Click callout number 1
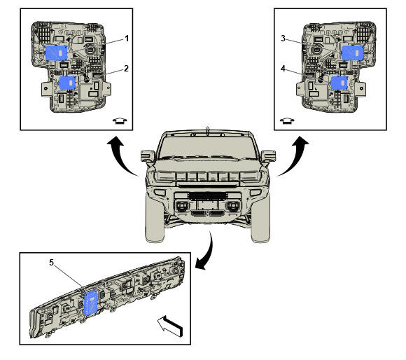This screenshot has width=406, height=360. [x=127, y=39]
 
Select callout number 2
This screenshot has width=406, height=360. [x=126, y=69]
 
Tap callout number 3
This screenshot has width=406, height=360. [x=283, y=39]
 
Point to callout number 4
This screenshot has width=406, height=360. [x=283, y=69]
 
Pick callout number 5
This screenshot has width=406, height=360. [x=52, y=263]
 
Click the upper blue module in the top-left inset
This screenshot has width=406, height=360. [x=57, y=53]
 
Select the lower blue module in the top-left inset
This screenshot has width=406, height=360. [x=67, y=83]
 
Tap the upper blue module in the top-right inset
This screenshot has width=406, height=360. [x=353, y=53]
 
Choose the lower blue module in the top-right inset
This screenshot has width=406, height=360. [x=339, y=83]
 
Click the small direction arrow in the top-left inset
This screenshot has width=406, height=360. [x=120, y=120]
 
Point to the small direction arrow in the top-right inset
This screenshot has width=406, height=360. [x=287, y=120]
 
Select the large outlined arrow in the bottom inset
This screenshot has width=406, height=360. [x=170, y=326]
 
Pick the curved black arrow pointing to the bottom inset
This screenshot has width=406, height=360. [x=209, y=253]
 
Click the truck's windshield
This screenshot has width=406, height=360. [x=208, y=147]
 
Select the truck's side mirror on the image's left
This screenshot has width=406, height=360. [x=148, y=156]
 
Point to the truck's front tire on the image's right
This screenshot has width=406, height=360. [x=260, y=220]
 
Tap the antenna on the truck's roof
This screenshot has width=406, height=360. [x=207, y=130]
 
